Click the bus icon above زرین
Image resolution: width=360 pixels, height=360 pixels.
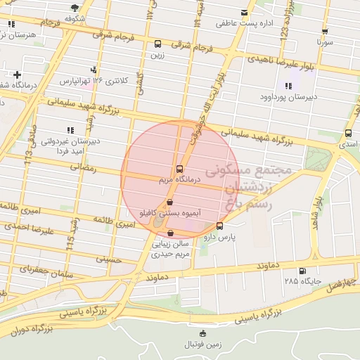click(x=157, y=44)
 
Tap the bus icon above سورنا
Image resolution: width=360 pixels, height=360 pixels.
click(x=325, y=31)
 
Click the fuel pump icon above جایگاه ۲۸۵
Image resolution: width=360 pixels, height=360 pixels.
click(x=302, y=271)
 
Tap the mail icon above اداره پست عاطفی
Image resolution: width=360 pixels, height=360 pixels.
click(x=244, y=13)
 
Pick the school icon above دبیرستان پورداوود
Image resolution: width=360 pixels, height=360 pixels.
click(x=288, y=86)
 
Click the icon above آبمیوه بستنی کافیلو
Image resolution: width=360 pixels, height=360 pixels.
click(x=167, y=202)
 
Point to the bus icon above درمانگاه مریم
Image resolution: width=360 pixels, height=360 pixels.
click(x=179, y=169)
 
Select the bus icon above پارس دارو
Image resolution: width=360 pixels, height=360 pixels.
click(x=220, y=226)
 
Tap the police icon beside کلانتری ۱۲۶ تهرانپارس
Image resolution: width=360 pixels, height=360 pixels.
click(x=94, y=70)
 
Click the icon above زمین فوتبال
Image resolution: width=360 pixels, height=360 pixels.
click(x=203, y=333)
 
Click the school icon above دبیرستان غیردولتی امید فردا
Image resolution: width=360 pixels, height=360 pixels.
click(x=70, y=130)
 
